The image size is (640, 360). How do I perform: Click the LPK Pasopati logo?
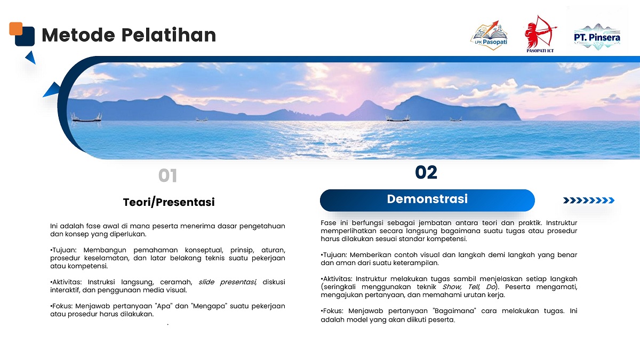point(489,35)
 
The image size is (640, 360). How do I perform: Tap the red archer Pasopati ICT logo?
point(540,34)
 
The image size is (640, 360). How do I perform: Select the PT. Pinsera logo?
point(597,37)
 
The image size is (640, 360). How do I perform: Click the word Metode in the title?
point(78,35)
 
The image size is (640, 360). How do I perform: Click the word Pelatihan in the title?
point(169,35)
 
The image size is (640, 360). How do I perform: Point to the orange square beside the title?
point(15,29)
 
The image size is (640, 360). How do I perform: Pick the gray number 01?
point(167,175)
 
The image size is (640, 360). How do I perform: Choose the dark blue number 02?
point(426,172)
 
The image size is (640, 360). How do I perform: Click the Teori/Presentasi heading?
point(169,202)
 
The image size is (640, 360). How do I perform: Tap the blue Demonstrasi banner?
point(427,201)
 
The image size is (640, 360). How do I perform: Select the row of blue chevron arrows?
point(589,201)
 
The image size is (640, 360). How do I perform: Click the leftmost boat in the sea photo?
point(86,118)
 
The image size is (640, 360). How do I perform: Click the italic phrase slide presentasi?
point(227,282)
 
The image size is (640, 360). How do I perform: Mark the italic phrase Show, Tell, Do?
point(469,286)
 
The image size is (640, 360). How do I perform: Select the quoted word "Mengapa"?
point(210,306)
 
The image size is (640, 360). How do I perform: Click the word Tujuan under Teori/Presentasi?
point(65,250)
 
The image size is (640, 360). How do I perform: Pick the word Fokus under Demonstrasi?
point(333,310)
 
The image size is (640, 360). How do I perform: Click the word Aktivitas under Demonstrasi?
point(338,278)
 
